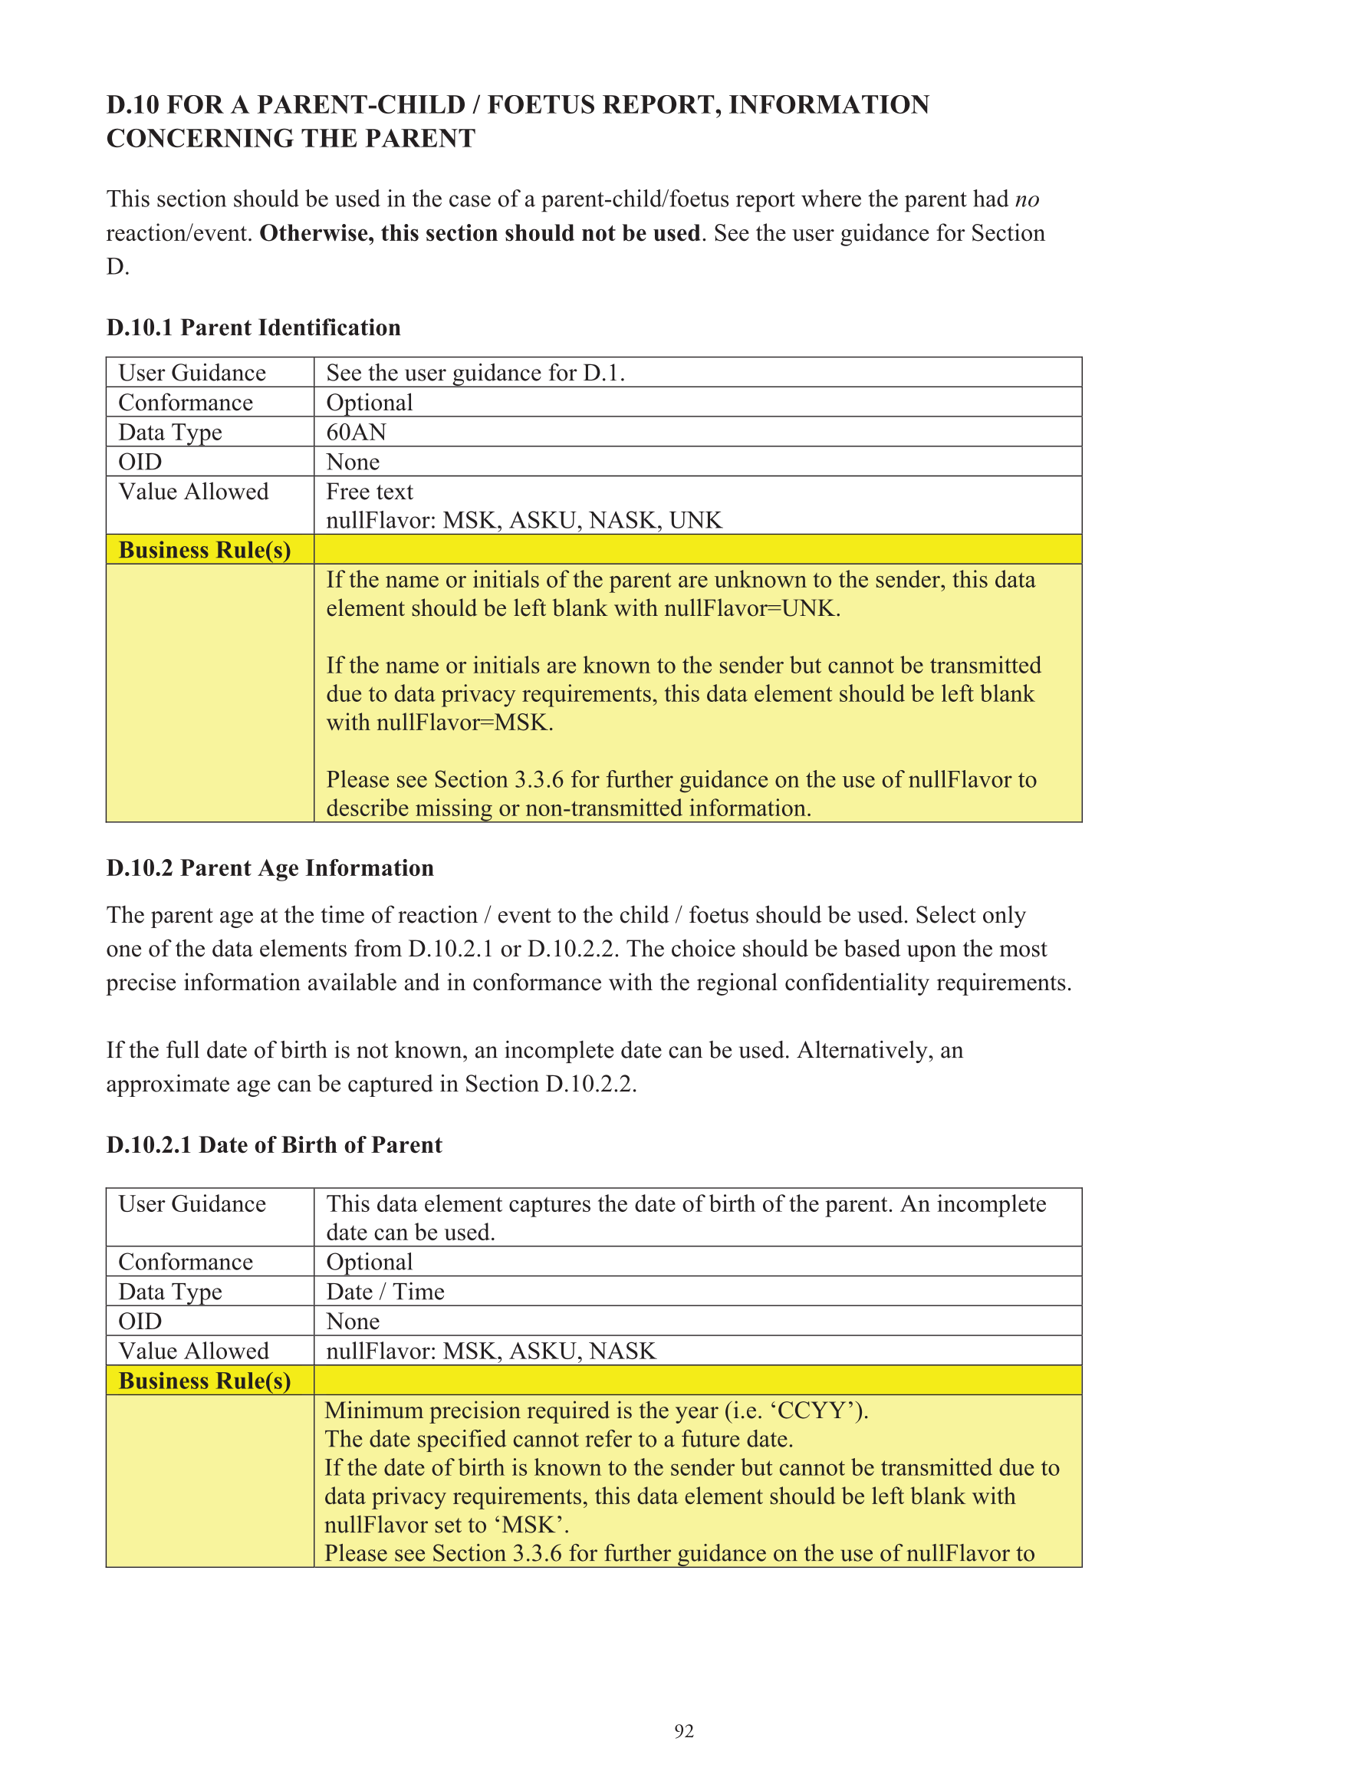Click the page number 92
click(x=683, y=1730)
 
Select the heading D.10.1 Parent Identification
click(x=253, y=328)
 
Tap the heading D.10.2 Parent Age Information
click(x=270, y=867)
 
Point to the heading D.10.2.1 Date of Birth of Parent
click(x=274, y=1144)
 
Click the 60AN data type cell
click(x=356, y=433)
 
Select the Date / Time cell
click(x=385, y=1291)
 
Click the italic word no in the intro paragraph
click(x=1027, y=199)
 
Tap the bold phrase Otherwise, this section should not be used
click(x=479, y=233)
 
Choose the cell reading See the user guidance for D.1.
click(x=475, y=373)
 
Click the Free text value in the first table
click(x=370, y=492)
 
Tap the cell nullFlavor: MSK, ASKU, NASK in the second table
click(x=491, y=1350)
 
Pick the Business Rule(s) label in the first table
click(x=204, y=550)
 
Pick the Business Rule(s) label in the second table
click(x=204, y=1380)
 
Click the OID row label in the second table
click(x=140, y=1321)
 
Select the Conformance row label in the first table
click(x=186, y=403)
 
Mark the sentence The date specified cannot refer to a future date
click(x=559, y=1439)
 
